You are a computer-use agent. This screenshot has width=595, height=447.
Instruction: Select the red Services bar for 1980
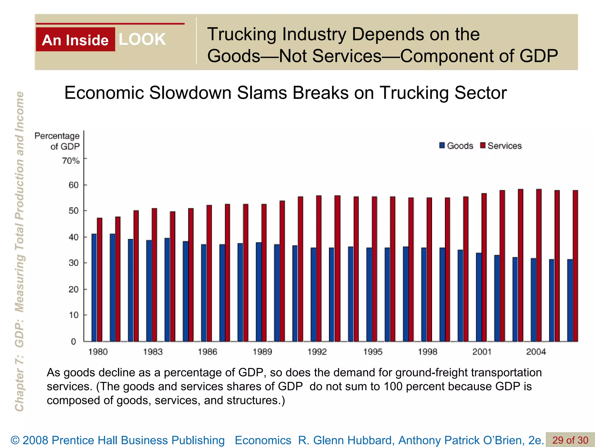coord(100,279)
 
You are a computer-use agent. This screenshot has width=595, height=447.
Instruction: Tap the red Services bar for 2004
coord(539,265)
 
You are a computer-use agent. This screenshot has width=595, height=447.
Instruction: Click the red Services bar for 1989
coord(264,272)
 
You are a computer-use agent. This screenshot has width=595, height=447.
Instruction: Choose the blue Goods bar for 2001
coord(478,297)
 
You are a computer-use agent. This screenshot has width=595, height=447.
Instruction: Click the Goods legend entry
coord(456,146)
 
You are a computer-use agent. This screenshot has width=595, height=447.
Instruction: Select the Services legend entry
coord(501,146)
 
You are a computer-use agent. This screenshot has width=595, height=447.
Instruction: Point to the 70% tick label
coord(71,161)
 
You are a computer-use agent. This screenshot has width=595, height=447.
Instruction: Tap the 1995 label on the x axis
coord(373,352)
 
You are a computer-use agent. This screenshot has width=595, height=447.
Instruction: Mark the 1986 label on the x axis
coord(207,352)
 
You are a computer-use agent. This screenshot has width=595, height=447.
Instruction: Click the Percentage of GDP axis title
coord(57,141)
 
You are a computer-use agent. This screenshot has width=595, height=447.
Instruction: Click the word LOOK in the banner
coord(142,39)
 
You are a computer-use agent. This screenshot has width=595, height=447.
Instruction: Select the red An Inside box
coord(76,40)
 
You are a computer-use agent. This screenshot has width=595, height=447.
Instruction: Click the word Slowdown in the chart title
coord(190,93)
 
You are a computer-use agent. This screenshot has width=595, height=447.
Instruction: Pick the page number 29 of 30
coord(570,440)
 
